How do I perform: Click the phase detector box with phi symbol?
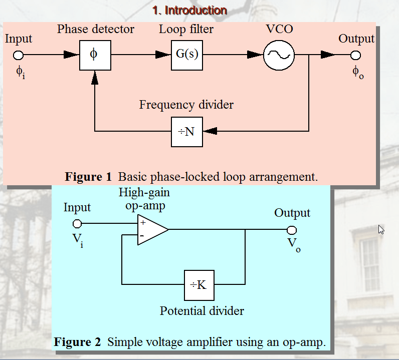[x=95, y=55]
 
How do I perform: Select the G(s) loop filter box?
[x=186, y=55]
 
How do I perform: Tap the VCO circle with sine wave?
[x=279, y=55]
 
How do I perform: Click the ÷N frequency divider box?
[x=186, y=131]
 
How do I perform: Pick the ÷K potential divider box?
[x=199, y=284]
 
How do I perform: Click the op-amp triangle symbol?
[x=151, y=230]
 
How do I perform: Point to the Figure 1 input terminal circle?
[x=19, y=55]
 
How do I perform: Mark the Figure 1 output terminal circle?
[x=355, y=55]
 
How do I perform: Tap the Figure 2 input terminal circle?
[x=77, y=223]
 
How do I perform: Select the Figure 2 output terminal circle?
[x=292, y=230]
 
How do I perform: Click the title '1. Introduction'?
[x=189, y=10]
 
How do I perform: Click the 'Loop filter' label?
[x=186, y=29]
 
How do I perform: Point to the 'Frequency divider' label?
[x=186, y=105]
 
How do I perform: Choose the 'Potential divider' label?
[x=202, y=311]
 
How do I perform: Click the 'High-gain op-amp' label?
[x=144, y=199]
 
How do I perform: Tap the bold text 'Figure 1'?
[x=88, y=177]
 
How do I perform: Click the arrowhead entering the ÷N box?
[x=210, y=131]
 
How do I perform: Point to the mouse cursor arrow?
[x=381, y=230]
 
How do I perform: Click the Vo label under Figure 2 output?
[x=294, y=245]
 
